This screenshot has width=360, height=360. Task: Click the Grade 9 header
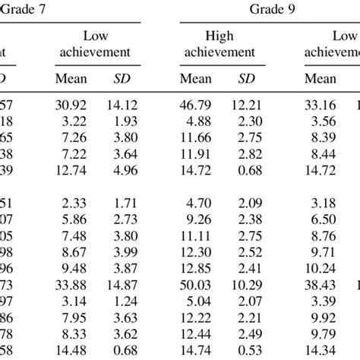[x=270, y=10]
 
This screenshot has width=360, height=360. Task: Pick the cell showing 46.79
[x=196, y=99]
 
